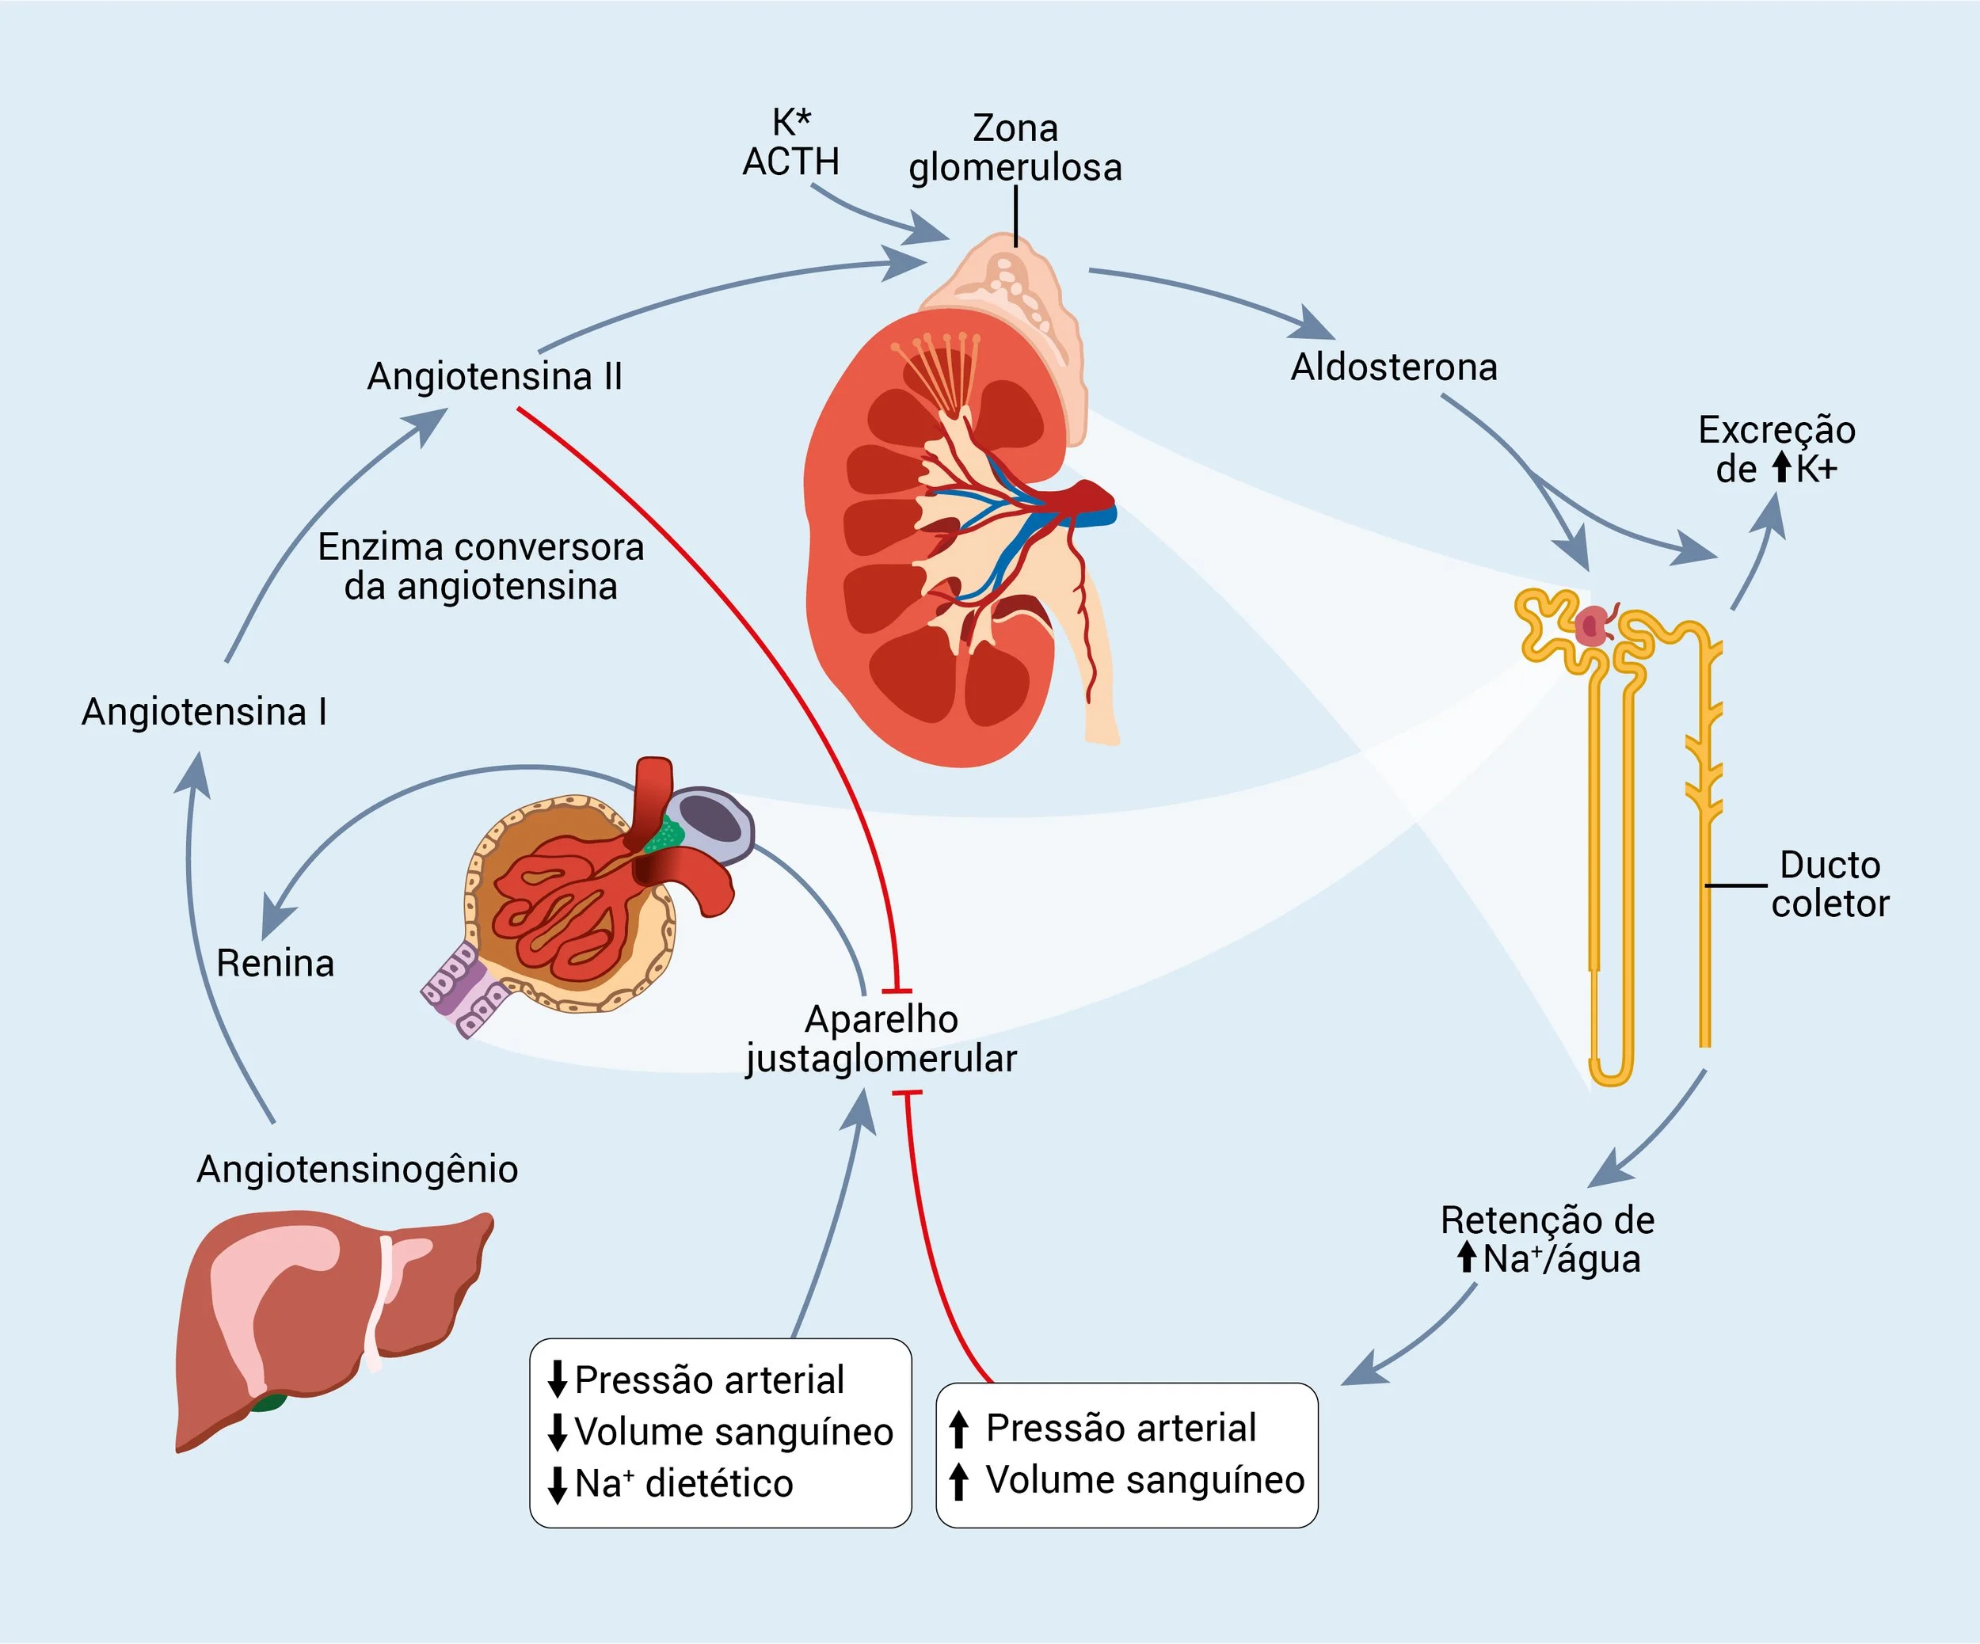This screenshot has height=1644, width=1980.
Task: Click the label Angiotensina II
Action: click(494, 376)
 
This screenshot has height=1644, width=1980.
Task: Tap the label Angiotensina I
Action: click(204, 712)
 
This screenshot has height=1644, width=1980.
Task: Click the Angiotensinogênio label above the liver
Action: click(356, 1169)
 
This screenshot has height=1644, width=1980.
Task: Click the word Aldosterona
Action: click(1394, 367)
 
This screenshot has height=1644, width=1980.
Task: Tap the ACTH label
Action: click(790, 162)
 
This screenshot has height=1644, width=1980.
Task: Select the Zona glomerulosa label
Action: click(1015, 148)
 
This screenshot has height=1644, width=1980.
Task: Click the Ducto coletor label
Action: click(1830, 885)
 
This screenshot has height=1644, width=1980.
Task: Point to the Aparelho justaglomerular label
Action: click(881, 1039)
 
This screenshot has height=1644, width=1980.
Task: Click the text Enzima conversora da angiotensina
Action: click(481, 566)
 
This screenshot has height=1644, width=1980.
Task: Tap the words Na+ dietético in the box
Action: click(683, 1484)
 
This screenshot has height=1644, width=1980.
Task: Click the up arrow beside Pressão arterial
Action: click(958, 1429)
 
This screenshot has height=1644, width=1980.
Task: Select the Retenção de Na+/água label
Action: click(1548, 1239)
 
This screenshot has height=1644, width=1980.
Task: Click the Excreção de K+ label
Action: click(1776, 450)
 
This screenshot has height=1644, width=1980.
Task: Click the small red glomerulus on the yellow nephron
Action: click(1593, 625)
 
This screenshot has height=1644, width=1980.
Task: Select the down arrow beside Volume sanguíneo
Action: click(558, 1432)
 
